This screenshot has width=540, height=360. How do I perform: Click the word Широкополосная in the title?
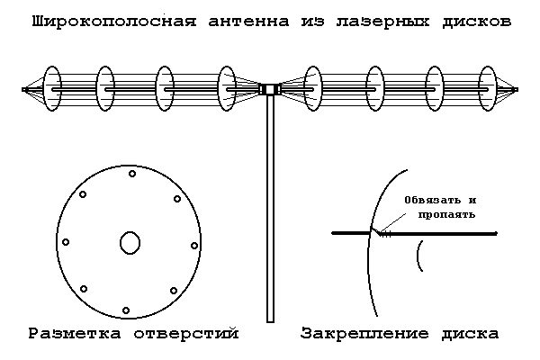[114, 22]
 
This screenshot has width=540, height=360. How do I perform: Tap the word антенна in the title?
[248, 22]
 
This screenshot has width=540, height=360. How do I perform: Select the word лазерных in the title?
[383, 22]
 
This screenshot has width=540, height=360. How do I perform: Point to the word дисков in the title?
[477, 22]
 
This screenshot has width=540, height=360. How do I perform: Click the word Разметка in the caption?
[75, 334]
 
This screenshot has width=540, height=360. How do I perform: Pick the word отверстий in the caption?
[186, 334]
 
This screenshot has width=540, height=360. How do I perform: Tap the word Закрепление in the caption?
[364, 334]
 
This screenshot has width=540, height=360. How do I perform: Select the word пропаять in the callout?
[446, 214]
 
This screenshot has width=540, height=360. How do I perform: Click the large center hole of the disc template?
[130, 243]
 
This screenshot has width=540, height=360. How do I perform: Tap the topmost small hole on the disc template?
[132, 174]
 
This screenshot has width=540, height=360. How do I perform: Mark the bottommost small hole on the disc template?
[126, 310]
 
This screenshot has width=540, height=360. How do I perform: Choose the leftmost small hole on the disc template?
[66, 242]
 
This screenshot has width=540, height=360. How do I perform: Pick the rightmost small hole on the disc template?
[194, 246]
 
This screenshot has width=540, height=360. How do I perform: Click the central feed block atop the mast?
[270, 89]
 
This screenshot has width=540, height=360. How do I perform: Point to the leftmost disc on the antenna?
[52, 88]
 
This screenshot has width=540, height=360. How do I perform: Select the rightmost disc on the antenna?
[487, 88]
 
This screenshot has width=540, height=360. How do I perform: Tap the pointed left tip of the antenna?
[23, 90]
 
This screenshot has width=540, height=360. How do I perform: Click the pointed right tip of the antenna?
[517, 90]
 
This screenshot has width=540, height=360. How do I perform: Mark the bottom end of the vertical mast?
[270, 322]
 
